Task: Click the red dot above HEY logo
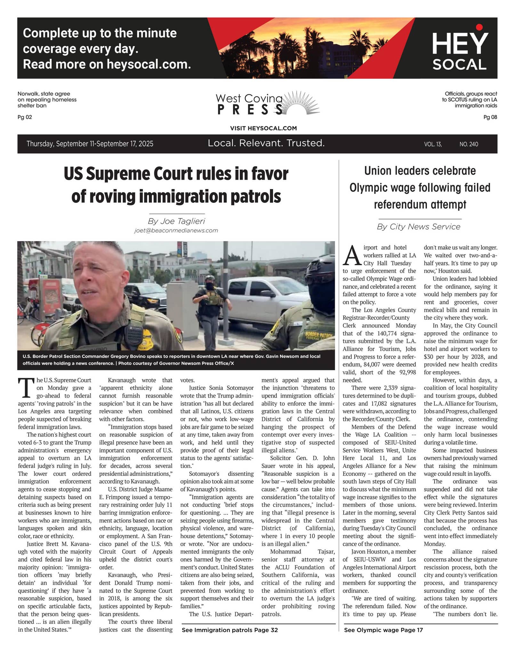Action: [x=479, y=27]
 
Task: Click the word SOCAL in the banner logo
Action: [x=459, y=65]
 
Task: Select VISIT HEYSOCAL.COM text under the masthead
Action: [x=263, y=128]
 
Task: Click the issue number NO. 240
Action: [x=469, y=144]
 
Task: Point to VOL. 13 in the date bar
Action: [x=433, y=144]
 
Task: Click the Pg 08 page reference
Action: [x=490, y=117]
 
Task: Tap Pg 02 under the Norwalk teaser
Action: [x=25, y=117]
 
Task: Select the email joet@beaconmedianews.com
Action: [x=176, y=230]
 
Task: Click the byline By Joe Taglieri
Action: [x=176, y=221]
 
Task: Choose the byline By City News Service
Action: [x=418, y=226]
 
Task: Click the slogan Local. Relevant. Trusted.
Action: [x=266, y=143]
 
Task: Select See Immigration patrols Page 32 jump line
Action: [x=229, y=630]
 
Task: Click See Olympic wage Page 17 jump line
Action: [x=383, y=630]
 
